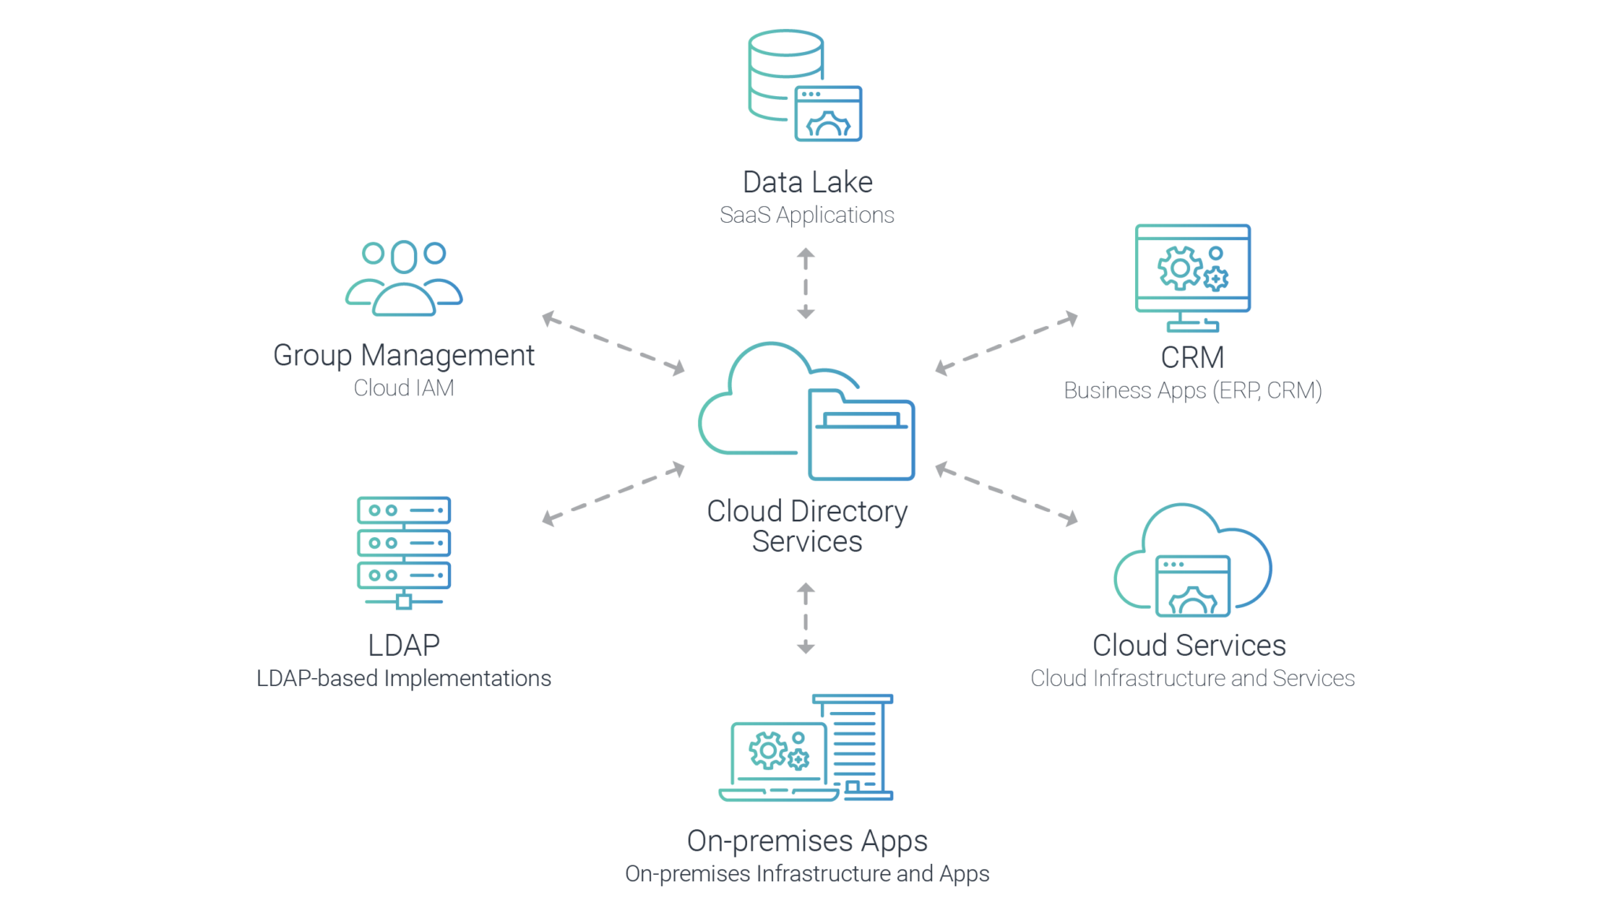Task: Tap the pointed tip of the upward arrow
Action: [x=805, y=252]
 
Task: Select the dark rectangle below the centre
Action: [x=858, y=543]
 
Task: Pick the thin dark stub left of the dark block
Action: [x=1118, y=388]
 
